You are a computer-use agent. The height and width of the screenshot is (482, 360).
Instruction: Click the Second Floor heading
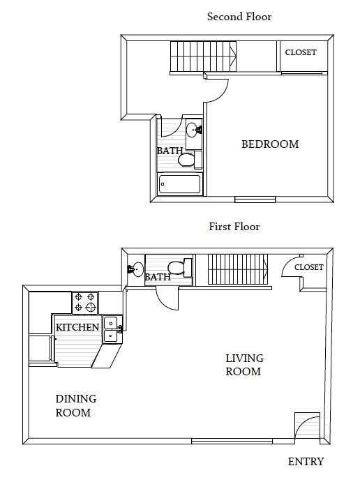(x=239, y=17)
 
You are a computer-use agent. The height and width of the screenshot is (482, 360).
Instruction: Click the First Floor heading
(x=234, y=227)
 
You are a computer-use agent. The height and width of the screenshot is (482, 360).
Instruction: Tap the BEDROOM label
(x=269, y=144)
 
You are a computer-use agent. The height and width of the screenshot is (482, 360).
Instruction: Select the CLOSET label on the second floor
(x=301, y=53)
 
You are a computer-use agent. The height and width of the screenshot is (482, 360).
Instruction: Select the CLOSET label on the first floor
(x=308, y=267)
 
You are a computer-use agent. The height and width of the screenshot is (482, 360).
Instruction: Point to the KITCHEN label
(x=77, y=327)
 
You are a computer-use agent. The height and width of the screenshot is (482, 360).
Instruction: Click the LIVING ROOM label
(x=243, y=365)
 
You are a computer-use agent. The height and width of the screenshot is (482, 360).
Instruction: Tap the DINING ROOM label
(x=75, y=405)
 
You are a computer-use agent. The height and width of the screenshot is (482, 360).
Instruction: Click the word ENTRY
(x=306, y=462)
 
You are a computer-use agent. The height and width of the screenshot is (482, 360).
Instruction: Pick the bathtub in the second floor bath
(x=180, y=184)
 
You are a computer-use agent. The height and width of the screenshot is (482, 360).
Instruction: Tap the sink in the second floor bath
(x=193, y=129)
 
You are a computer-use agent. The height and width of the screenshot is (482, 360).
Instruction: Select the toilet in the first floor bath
(x=177, y=268)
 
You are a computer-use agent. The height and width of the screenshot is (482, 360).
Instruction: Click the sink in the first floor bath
(x=135, y=269)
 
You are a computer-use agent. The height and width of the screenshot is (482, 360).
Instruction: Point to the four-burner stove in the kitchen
(x=85, y=303)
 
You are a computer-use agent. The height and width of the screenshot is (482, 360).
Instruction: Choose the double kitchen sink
(x=112, y=329)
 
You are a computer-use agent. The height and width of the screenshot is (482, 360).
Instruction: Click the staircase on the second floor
(x=203, y=57)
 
